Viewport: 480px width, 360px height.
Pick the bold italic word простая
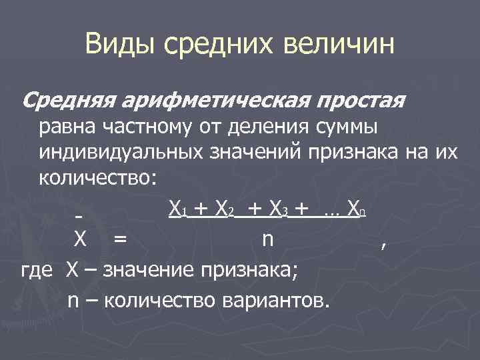point(361,101)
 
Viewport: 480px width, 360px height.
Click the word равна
point(71,127)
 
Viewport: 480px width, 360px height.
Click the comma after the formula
point(382,243)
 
